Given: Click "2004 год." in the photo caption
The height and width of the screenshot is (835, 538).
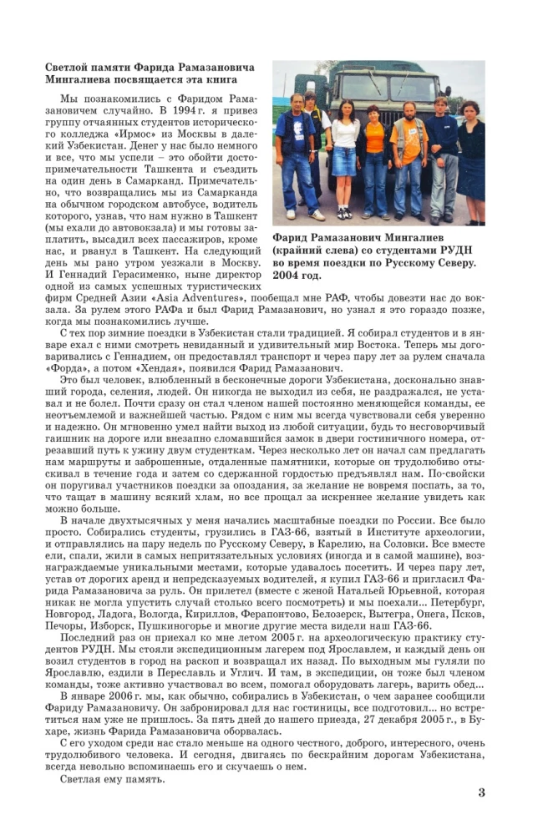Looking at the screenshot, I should (297, 275).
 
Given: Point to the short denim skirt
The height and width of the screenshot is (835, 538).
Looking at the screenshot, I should (344, 161).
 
